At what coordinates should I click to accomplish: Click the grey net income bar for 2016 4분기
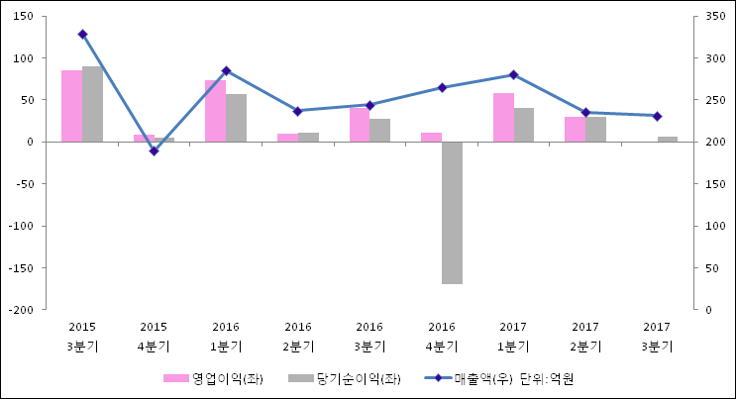click(452, 212)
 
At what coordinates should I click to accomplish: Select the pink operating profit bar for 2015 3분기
click(71, 106)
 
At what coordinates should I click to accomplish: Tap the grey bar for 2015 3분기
click(92, 104)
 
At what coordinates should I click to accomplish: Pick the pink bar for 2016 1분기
click(215, 111)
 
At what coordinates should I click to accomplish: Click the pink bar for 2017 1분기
click(503, 117)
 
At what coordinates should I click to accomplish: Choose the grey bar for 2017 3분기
click(668, 139)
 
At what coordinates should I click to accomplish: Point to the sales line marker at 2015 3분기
click(82, 34)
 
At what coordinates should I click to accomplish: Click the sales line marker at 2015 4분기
click(154, 150)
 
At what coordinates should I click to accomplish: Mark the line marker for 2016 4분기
click(442, 87)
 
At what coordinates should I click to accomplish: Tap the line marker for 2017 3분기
click(658, 116)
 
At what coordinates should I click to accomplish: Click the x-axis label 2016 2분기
click(298, 337)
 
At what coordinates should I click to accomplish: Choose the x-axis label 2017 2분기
click(585, 337)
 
